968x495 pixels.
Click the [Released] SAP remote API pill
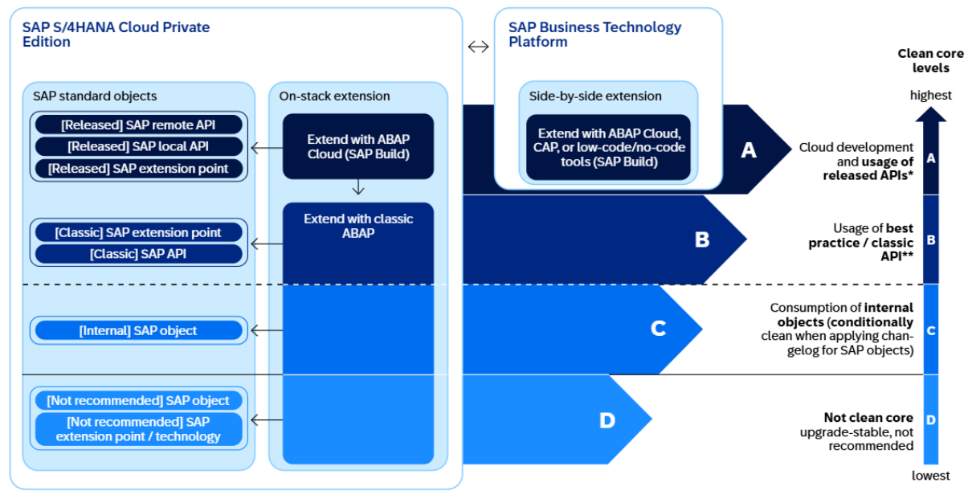coord(138,125)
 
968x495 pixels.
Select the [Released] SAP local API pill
coord(138,146)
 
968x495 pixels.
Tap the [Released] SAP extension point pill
coord(138,169)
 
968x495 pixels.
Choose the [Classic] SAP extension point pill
coord(138,232)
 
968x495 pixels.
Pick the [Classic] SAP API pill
coord(138,254)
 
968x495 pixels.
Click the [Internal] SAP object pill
coord(138,330)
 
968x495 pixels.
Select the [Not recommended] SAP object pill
coord(138,400)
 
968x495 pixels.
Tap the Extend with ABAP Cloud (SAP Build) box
coord(358,146)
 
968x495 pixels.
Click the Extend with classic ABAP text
coord(358,226)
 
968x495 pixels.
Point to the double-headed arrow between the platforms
coord(478,47)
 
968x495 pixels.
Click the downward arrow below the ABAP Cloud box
coord(358,188)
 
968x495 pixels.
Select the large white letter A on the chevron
coord(749,150)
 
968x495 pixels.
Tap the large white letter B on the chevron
coord(702,239)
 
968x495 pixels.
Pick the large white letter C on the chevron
coord(658,329)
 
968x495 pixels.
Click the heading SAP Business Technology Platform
coord(594,34)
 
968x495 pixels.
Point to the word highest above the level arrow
coord(930,95)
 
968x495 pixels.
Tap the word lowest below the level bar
coord(930,476)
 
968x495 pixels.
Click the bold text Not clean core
coord(868,418)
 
